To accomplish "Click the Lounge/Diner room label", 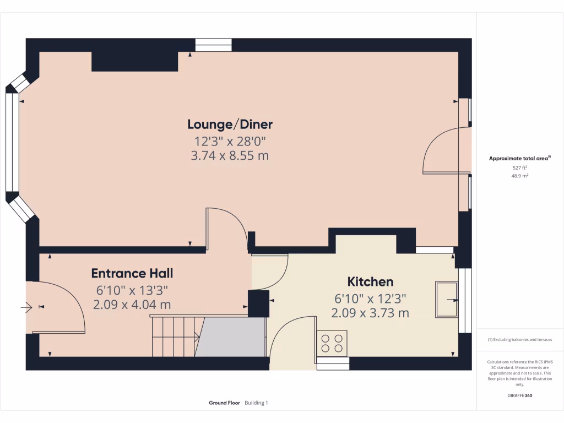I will click(230, 124).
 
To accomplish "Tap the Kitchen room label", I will click(370, 282).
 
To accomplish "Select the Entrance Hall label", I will click(132, 273).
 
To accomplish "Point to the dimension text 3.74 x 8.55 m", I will click(230, 156).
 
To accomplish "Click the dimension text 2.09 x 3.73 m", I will click(370, 313).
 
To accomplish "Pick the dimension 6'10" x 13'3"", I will click(132, 289).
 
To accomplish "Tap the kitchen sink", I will click(446, 300).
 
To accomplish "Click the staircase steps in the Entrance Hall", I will click(174, 336).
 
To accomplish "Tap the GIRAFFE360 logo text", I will click(520, 395).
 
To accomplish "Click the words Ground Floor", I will click(224, 403).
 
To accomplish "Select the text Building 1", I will click(256, 403).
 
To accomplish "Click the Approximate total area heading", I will click(519, 159).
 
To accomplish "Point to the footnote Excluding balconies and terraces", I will click(519, 340).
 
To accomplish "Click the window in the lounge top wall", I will click(214, 45).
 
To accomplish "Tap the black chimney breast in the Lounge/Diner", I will click(134, 62).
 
